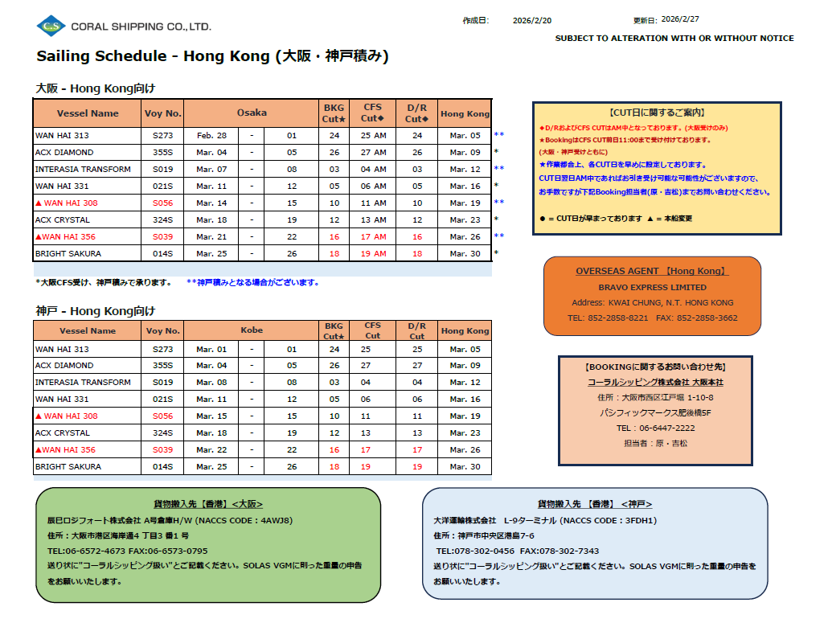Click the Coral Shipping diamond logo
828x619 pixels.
[51, 26]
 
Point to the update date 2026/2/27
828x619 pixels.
[681, 19]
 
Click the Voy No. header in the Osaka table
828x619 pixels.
[163, 113]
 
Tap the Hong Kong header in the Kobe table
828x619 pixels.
[465, 330]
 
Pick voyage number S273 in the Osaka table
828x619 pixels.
[163, 135]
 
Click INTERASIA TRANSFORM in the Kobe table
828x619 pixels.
[83, 382]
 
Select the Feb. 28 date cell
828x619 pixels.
[211, 135]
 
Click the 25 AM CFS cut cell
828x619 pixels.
[373, 135]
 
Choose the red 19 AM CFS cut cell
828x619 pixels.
[373, 253]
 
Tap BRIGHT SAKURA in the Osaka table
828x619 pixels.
[69, 253]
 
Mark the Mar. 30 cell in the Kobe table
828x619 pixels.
[465, 466]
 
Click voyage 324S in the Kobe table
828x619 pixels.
[163, 432]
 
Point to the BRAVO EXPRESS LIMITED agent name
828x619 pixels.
[652, 287]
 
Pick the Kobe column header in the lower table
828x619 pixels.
[252, 330]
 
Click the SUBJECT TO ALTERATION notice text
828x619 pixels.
[674, 38]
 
